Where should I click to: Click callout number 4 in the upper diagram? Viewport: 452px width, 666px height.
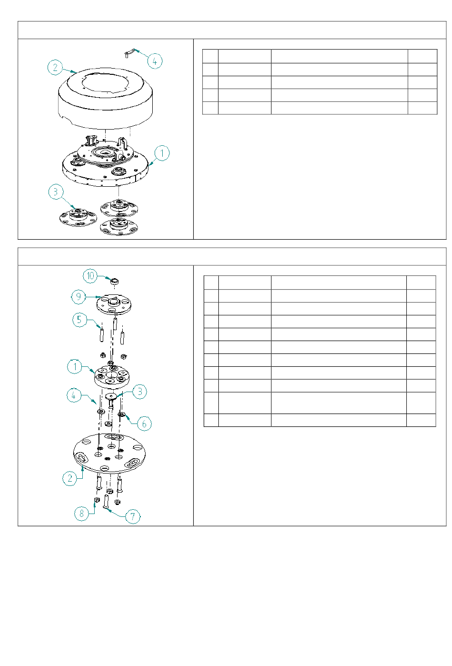(x=155, y=61)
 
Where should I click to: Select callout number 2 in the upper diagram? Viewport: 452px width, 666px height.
(x=55, y=68)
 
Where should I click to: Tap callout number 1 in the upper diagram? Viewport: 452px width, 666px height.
(x=162, y=153)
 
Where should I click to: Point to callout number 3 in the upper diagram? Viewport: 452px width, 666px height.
(x=56, y=192)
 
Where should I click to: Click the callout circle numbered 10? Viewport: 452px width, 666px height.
(x=90, y=276)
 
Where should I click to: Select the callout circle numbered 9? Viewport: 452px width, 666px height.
(x=79, y=296)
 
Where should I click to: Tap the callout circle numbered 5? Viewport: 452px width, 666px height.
(x=79, y=320)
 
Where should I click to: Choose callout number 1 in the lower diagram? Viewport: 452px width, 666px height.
(x=75, y=367)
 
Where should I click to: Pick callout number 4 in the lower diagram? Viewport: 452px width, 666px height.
(x=74, y=395)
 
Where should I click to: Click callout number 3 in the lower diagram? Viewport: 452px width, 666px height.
(x=139, y=392)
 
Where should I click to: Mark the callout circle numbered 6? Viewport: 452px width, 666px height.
(x=144, y=424)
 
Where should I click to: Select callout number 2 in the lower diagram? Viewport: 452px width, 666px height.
(x=70, y=478)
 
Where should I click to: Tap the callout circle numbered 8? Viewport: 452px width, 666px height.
(x=82, y=514)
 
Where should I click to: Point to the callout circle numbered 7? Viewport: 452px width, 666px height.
(x=133, y=516)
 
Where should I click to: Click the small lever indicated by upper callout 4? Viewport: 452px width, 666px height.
(x=130, y=52)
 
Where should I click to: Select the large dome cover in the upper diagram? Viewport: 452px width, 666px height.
(x=106, y=98)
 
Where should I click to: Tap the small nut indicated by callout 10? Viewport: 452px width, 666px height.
(x=115, y=281)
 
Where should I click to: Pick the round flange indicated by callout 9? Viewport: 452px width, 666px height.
(x=114, y=304)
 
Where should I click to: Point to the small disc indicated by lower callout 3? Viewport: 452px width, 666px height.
(x=111, y=396)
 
